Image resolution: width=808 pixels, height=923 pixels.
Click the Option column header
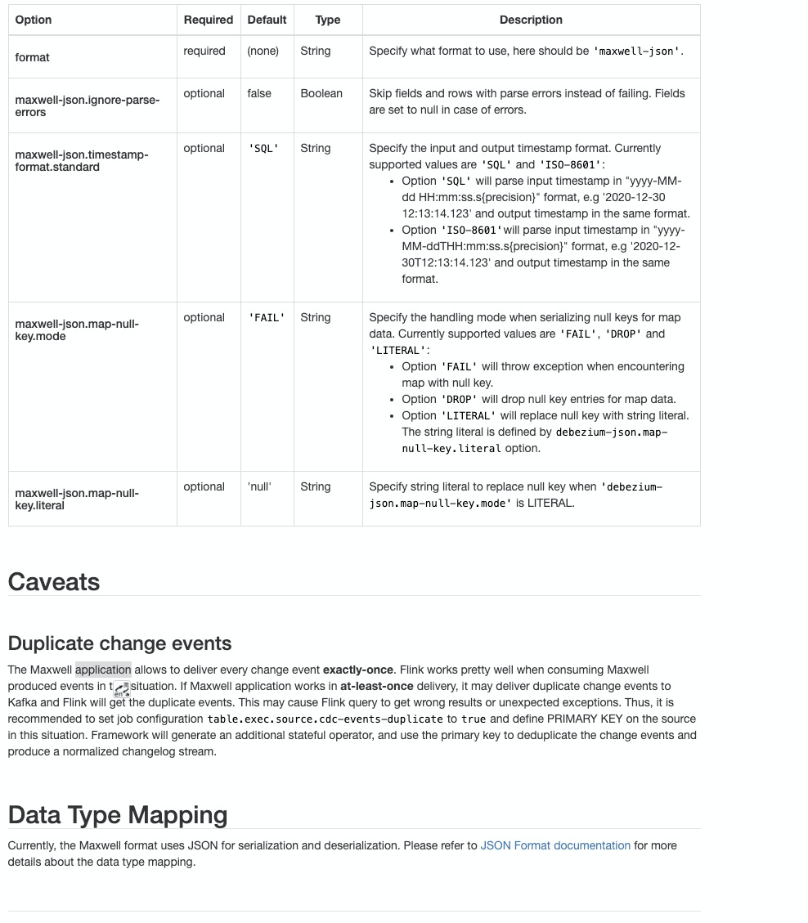34,20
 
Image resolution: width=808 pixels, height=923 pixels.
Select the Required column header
208,20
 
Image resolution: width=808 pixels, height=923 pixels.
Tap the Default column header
267,20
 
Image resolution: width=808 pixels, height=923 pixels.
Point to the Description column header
531,20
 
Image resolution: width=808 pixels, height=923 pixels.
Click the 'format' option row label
33,57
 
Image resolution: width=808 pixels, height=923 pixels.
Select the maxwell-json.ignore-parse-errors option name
87,105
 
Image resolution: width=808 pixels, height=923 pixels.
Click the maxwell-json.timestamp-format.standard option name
82,160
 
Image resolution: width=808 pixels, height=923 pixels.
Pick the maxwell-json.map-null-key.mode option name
77,329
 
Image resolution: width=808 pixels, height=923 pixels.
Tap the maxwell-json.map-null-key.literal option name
77,499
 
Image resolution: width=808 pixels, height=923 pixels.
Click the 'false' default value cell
259,93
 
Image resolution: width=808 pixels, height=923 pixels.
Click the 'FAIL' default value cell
267,317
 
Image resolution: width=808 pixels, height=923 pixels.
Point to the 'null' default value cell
259,486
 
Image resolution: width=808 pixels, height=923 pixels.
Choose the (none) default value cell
263,51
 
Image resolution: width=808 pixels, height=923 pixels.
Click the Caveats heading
54,582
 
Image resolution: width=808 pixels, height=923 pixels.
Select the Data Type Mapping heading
118,815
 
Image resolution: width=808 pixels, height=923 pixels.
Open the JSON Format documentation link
555,845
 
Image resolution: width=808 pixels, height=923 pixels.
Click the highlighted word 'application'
103,670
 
